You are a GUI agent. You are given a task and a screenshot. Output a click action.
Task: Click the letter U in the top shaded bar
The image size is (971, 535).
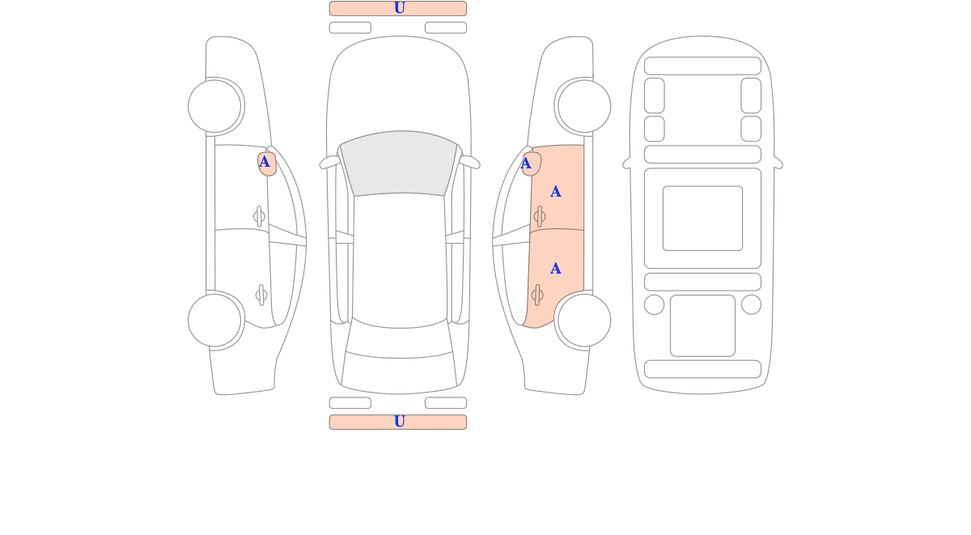[399, 8]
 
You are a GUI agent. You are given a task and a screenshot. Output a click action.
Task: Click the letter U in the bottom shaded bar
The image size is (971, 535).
[399, 421]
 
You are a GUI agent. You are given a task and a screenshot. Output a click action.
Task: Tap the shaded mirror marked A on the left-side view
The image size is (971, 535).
[266, 163]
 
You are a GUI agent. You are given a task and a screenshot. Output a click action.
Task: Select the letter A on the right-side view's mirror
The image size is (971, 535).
[525, 163]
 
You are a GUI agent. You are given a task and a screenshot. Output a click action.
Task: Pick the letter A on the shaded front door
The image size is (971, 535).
[555, 191]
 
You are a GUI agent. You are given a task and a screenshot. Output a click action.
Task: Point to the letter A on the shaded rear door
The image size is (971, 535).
[555, 269]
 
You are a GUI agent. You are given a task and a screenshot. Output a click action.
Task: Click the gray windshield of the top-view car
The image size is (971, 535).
[399, 163]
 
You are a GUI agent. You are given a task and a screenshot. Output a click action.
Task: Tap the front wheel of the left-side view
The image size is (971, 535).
[214, 106]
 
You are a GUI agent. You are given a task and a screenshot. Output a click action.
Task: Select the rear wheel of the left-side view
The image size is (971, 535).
[214, 321]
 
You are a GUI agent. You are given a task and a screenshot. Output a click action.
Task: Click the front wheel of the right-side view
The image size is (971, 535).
[584, 106]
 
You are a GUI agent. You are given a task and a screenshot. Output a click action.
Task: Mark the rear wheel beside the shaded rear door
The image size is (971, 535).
[584, 321]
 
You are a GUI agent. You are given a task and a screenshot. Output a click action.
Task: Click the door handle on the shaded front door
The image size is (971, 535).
[540, 216]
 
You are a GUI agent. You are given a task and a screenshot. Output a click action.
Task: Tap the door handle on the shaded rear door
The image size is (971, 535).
[537, 295]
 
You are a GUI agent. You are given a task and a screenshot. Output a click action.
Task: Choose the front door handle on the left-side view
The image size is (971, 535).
[259, 216]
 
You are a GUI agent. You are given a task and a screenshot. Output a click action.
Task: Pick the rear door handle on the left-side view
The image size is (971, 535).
[261, 295]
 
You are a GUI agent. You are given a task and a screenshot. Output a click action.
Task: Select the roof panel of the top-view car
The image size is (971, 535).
[399, 259]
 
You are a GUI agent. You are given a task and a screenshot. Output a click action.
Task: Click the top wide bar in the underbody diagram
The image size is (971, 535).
[702, 66]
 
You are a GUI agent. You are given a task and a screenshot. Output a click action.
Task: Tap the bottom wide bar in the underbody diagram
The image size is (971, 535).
[702, 369]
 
